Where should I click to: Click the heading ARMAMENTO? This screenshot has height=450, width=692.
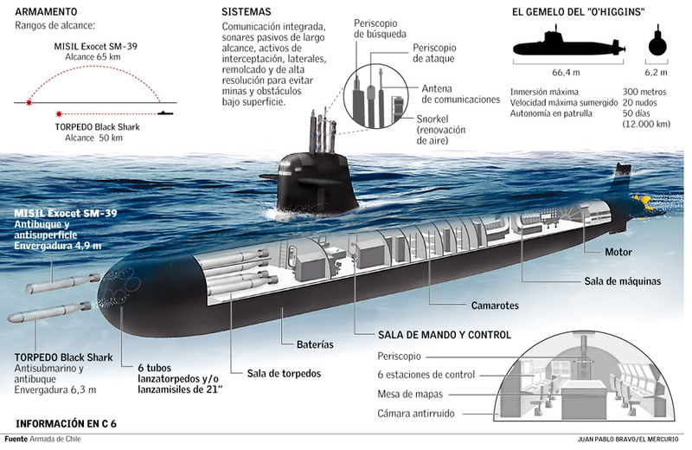click(46, 11)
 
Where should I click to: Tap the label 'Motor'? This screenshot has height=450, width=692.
click(618, 252)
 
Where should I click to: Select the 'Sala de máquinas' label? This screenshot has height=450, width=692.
click(622, 281)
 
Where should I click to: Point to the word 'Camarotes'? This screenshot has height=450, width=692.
click(495, 305)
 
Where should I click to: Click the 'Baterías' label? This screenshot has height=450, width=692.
click(315, 344)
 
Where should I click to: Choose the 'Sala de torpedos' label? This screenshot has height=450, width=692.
click(284, 374)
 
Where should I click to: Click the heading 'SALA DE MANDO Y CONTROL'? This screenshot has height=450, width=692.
click(445, 335)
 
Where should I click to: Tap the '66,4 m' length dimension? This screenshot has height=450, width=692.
click(566, 73)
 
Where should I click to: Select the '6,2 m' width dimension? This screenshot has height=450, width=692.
click(657, 73)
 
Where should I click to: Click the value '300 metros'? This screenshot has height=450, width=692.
click(644, 92)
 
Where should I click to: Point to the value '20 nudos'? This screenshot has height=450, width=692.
click(639, 102)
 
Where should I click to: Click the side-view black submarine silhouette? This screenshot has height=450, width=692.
click(569, 44)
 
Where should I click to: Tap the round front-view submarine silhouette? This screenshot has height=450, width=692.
click(657, 43)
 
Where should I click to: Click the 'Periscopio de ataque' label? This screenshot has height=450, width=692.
click(434, 53)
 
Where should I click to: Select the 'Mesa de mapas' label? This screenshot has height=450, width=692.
click(410, 395)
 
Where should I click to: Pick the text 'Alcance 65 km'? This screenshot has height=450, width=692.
click(93, 57)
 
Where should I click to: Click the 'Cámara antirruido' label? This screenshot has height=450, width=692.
click(416, 414)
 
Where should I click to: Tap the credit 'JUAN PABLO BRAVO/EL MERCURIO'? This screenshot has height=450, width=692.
click(628, 439)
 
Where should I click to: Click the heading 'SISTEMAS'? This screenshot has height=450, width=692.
click(247, 12)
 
